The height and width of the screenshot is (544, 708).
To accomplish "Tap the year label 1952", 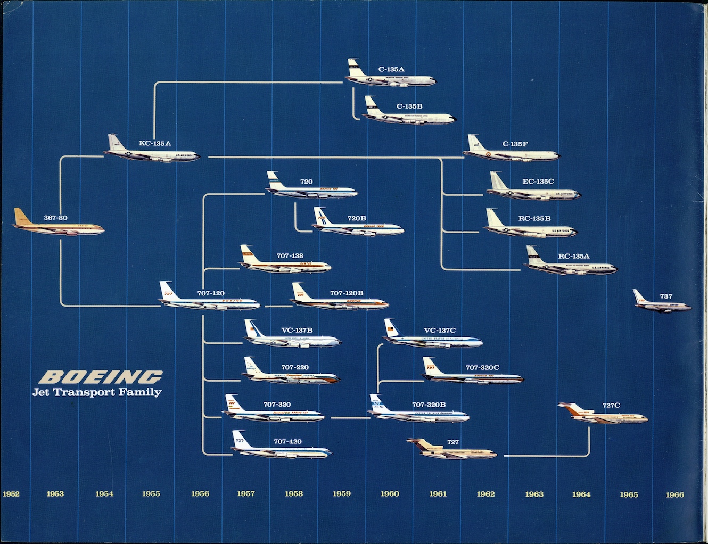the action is pyautogui.click(x=11, y=494).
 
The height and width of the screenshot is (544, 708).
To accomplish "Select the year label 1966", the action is pyautogui.click(x=674, y=494).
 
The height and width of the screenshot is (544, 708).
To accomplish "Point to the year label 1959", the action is pyautogui.click(x=341, y=494).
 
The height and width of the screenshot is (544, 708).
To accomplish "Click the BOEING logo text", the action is pyautogui.click(x=101, y=377).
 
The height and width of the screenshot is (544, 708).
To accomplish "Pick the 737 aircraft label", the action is pyautogui.click(x=666, y=296).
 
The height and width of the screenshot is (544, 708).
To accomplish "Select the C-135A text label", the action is pyautogui.click(x=391, y=69).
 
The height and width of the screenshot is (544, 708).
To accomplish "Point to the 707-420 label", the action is pyautogui.click(x=287, y=442).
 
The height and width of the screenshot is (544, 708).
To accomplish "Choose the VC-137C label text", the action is pyautogui.click(x=439, y=331).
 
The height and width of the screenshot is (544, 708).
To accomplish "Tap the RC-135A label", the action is pyautogui.click(x=573, y=257).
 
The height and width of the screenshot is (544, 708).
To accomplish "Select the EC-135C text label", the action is pyautogui.click(x=538, y=182).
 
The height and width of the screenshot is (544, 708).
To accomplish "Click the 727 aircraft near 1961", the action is pyautogui.click(x=451, y=451).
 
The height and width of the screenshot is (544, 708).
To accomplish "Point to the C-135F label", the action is pyautogui.click(x=515, y=144).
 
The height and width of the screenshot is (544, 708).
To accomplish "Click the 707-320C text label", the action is pyautogui.click(x=482, y=368).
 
